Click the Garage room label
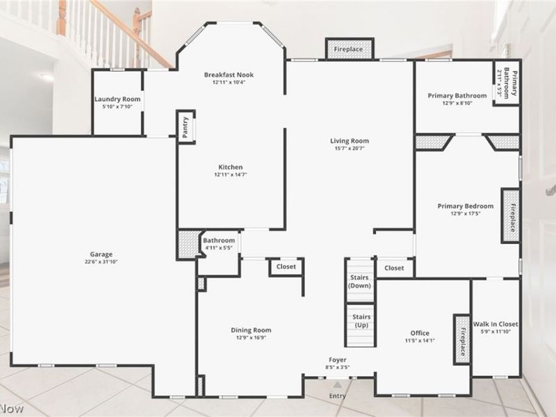point(101,254)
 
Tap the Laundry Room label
point(117,99)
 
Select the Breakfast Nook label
point(229,75)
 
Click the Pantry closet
point(186,127)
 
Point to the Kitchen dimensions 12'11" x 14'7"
point(231,174)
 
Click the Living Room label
point(350,141)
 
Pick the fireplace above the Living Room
point(350,49)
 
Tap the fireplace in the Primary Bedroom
point(511,215)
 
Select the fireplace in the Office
point(462,339)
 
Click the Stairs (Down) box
point(359,280)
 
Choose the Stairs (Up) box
point(360,325)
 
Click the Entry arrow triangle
point(338,385)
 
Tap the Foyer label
point(337,360)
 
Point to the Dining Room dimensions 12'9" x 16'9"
point(251,338)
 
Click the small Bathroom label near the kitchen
point(219,240)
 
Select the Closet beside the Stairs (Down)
point(394,268)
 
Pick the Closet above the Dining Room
point(286,267)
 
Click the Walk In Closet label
point(496,324)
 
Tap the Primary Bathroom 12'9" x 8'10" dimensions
point(457,103)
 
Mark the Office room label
point(420,333)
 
